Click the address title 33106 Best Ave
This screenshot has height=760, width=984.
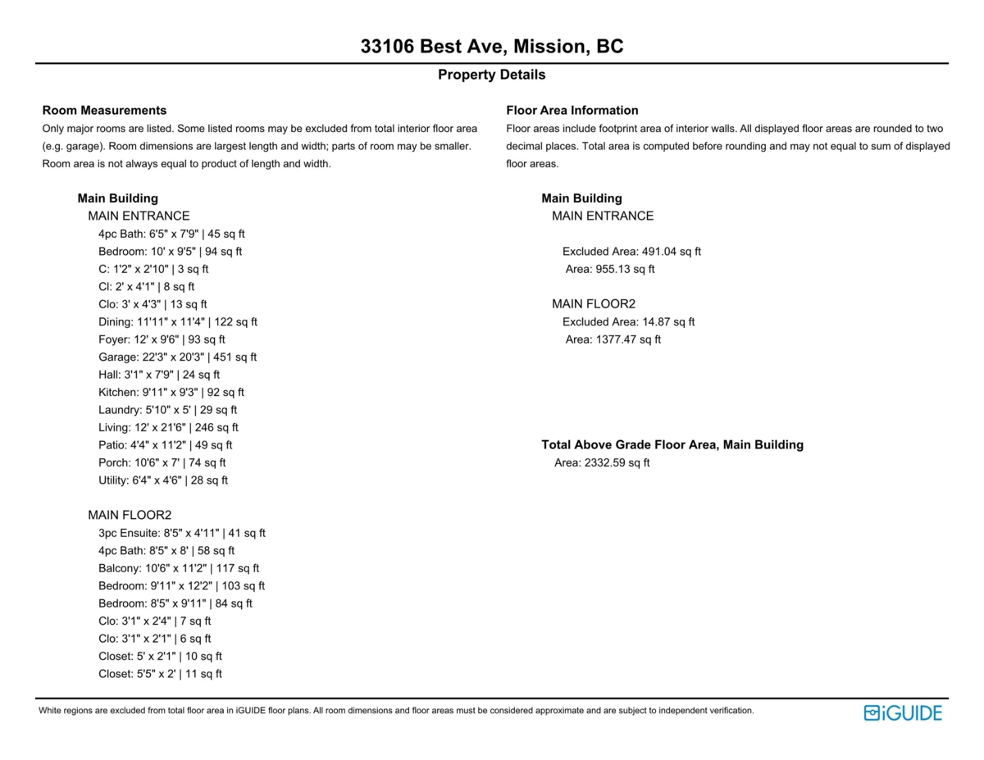click(x=492, y=47)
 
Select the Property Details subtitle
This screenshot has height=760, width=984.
click(x=491, y=75)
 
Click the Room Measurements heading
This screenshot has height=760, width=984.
click(x=104, y=111)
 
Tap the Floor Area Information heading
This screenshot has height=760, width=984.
click(x=572, y=111)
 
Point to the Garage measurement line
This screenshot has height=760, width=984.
click(x=177, y=357)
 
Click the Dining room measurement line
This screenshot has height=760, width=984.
click(x=177, y=322)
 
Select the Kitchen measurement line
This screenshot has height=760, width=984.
click(x=171, y=393)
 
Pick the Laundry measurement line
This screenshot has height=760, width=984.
click(x=167, y=410)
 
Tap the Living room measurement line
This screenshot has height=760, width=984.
click(x=168, y=428)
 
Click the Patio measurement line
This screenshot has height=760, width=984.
click(x=165, y=445)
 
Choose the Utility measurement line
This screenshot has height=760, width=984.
click(x=163, y=480)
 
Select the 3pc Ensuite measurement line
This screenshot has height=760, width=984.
click(x=181, y=534)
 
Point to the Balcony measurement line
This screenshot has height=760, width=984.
click(x=179, y=568)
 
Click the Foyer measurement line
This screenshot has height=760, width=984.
click(x=162, y=339)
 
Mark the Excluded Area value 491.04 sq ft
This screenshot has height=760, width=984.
click(x=631, y=252)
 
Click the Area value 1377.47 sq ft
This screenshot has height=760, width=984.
click(x=613, y=339)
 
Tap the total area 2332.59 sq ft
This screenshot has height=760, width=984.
click(x=602, y=463)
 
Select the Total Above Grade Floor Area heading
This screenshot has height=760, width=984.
click(x=672, y=445)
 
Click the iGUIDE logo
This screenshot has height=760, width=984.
click(x=903, y=713)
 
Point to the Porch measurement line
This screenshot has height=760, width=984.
click(x=162, y=463)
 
